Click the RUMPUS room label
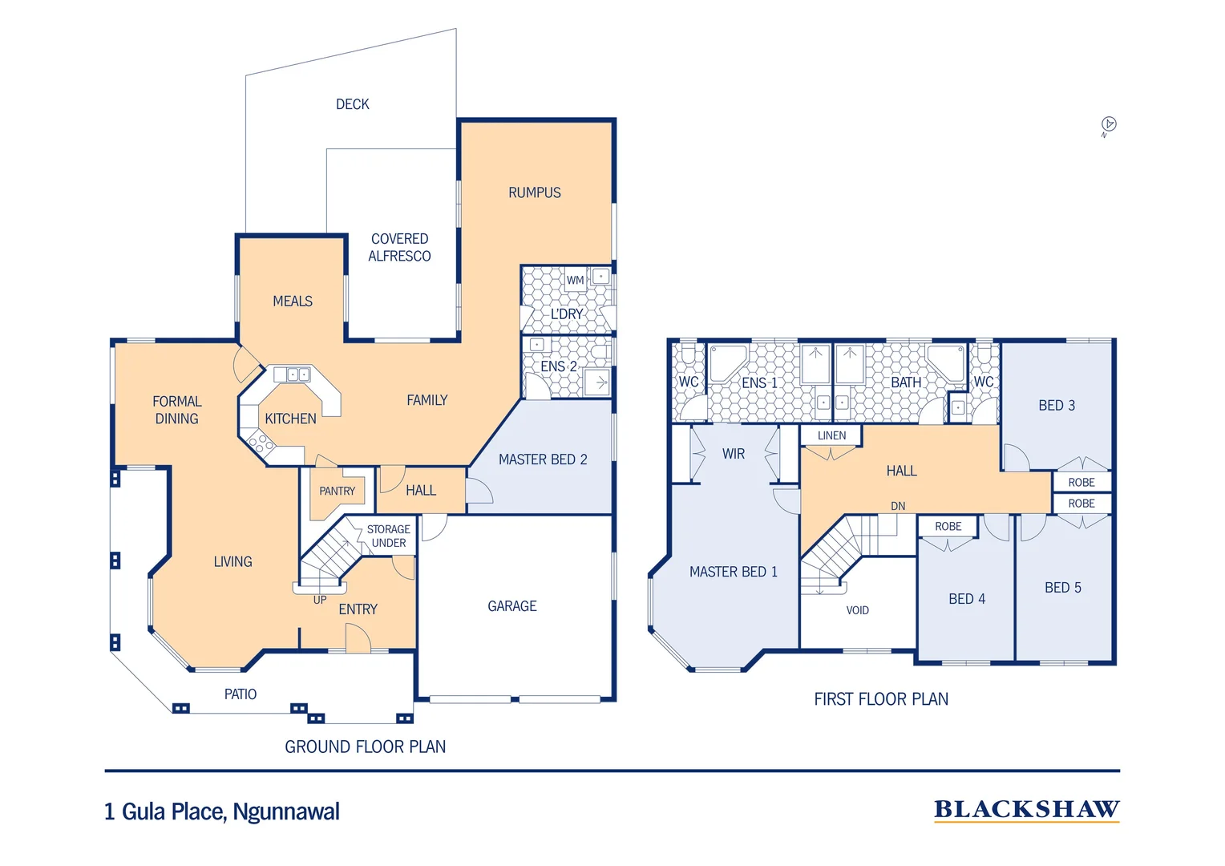[x=534, y=192]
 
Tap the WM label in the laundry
[x=575, y=280]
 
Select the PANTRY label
[x=337, y=491]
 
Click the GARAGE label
[x=511, y=606]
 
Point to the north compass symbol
[x=1109, y=124]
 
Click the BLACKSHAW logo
[x=1026, y=810]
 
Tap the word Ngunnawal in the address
[x=286, y=812]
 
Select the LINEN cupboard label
[x=831, y=435]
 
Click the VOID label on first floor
[x=857, y=610]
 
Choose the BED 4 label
[x=966, y=599]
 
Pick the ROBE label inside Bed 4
[x=948, y=527]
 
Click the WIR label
[x=733, y=454]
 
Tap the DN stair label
[x=898, y=506]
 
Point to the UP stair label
[x=320, y=600]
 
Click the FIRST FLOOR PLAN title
[x=880, y=699]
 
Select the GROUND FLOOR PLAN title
[x=365, y=747]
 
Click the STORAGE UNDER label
[x=388, y=536]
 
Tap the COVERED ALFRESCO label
[x=399, y=247]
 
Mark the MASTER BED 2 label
[x=543, y=459]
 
